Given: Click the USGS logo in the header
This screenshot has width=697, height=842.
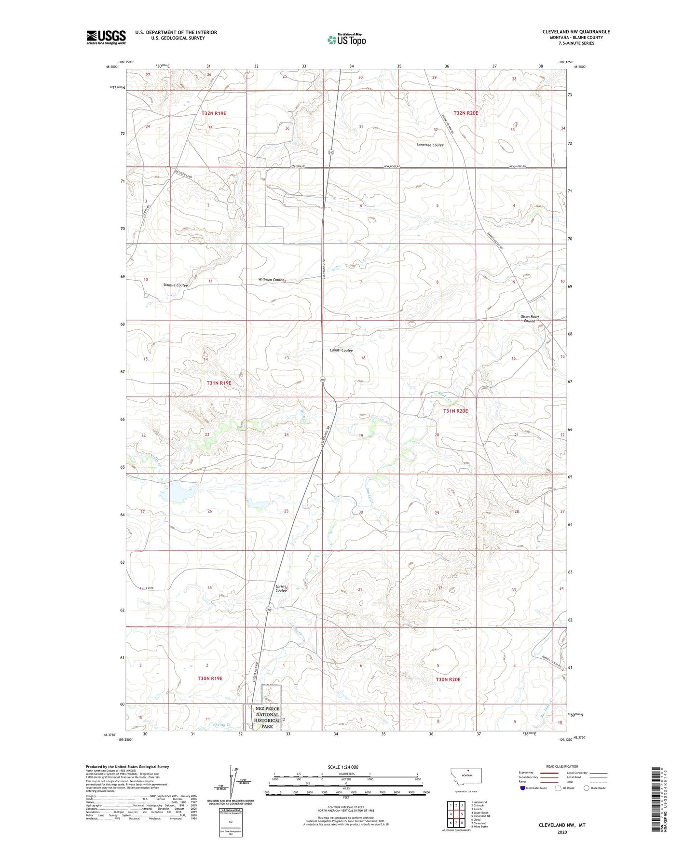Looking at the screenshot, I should (106, 37).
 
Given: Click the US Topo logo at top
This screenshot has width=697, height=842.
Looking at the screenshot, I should (346, 39).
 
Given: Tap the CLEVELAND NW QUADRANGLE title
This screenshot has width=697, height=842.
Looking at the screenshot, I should (576, 32).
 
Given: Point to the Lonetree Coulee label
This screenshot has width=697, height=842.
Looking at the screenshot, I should (430, 145).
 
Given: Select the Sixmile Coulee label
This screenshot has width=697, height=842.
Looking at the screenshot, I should (176, 285).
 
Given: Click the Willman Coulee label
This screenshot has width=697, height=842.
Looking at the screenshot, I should (271, 280).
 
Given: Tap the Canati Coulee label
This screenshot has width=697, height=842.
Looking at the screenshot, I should (341, 351).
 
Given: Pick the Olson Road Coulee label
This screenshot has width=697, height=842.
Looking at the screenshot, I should (529, 319).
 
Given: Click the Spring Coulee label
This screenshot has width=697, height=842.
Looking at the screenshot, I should (281, 588).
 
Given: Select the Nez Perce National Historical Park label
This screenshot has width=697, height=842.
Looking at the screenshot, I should (267, 717).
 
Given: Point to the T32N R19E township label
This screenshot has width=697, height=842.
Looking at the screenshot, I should (214, 113).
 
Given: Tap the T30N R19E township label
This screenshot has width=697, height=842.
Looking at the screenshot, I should (210, 678).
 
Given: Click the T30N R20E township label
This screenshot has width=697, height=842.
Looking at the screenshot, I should (448, 679).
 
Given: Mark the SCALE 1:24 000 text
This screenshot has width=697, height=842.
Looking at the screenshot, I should (343, 767).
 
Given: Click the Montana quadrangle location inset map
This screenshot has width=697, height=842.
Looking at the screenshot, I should (465, 776).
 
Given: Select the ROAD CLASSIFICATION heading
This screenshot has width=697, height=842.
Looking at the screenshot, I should (562, 766).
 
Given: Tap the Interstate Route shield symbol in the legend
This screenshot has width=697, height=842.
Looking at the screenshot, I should (523, 788).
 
